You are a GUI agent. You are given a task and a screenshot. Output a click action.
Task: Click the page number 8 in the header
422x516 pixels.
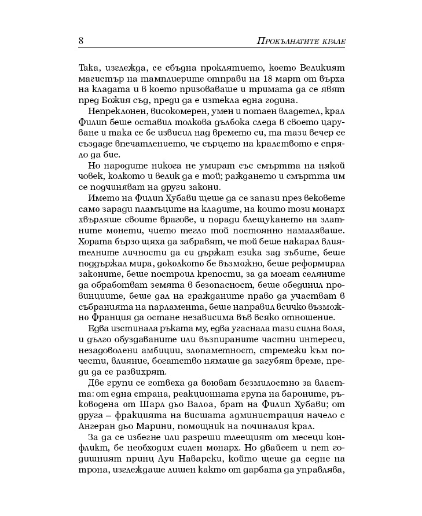pos(80,41)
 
